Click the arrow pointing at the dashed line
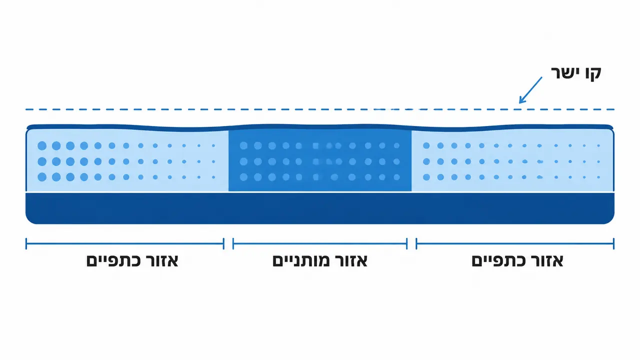(530, 90)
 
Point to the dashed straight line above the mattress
(320, 109)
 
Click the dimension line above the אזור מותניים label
(320, 243)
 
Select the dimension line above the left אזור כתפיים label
(125, 243)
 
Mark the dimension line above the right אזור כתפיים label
(515, 243)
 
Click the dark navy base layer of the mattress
(320, 208)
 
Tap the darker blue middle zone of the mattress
(320, 160)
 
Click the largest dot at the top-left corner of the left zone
(42, 145)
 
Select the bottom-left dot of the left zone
(42, 177)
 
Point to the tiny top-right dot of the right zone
(598, 145)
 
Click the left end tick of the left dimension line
(26, 243)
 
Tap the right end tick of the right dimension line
(613, 243)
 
